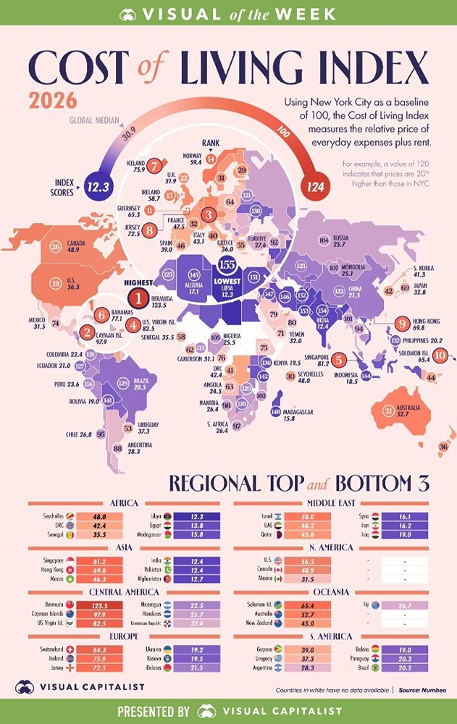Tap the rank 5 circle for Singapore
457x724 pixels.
click(x=338, y=360)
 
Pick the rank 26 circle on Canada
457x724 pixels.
click(x=56, y=247)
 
